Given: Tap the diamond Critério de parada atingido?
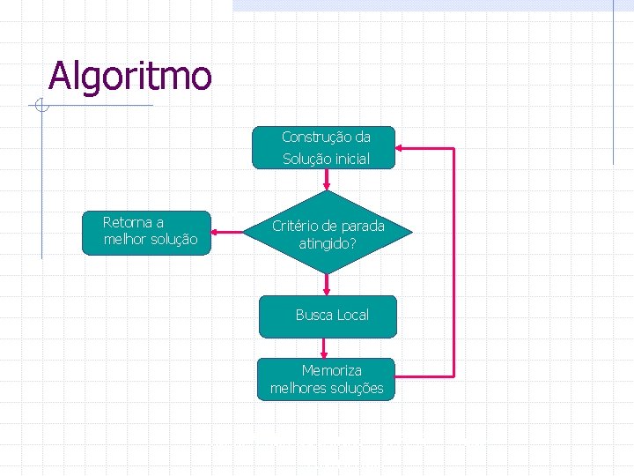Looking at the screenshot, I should click(x=328, y=233).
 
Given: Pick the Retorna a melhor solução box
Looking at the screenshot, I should click(x=147, y=233).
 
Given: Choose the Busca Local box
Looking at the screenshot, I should click(x=328, y=316).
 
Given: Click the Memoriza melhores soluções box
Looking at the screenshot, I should click(x=327, y=379).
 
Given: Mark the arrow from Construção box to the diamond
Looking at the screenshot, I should click(x=328, y=180).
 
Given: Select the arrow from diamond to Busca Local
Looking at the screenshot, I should click(x=328, y=284).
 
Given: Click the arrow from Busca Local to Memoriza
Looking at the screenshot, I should click(x=325, y=348).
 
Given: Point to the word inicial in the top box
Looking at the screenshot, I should click(x=350, y=160).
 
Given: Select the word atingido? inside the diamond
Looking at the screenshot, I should click(x=328, y=242).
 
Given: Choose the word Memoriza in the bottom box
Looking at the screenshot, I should click(x=331, y=370).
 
